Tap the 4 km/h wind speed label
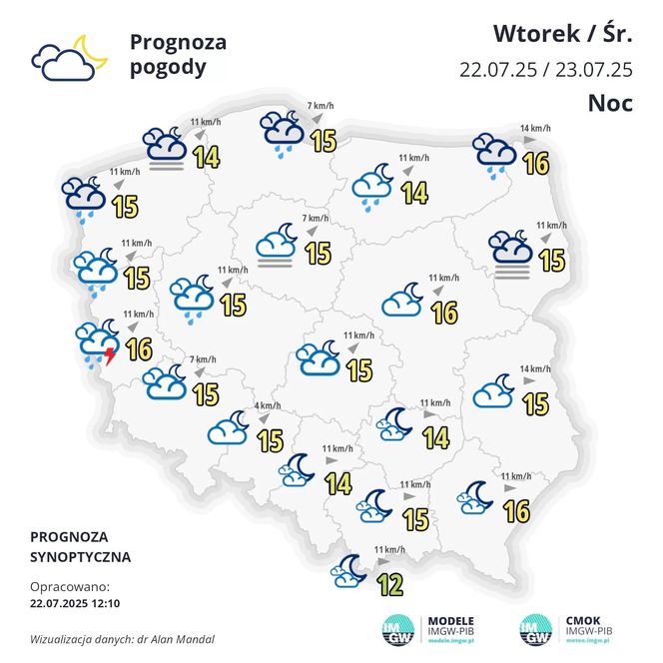267,405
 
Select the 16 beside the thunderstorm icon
139,348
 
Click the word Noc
610,103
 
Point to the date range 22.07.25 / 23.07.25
546,70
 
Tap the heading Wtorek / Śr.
563,34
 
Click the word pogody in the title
168,68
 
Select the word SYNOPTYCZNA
81,556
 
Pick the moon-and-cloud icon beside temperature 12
350,571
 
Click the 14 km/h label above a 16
534,129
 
